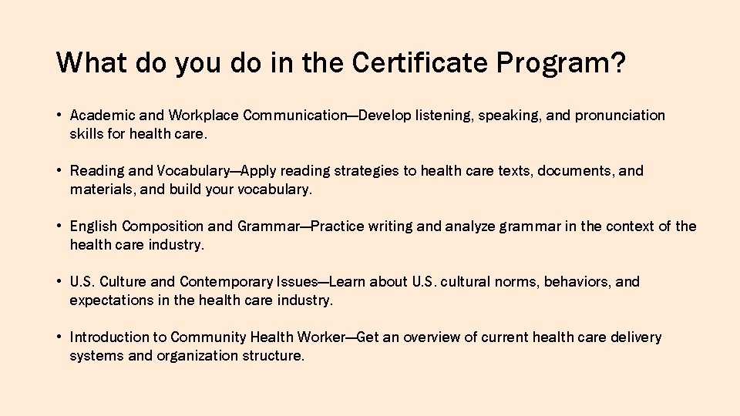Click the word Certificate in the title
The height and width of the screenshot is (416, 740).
pyautogui.click(x=417, y=62)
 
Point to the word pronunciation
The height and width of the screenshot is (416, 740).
pyautogui.click(x=619, y=116)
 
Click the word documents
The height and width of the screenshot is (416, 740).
pyautogui.click(x=573, y=171)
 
